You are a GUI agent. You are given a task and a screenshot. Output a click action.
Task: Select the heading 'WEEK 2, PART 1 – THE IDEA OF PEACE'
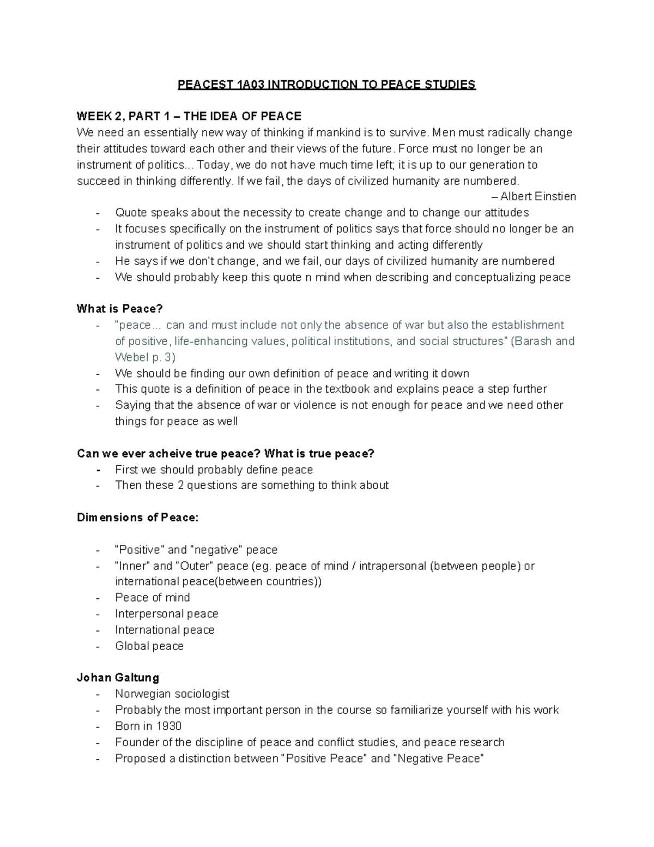(x=189, y=116)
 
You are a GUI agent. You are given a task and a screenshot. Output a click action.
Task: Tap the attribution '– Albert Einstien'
(x=534, y=196)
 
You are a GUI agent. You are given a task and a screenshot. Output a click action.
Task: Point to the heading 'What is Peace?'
(x=119, y=309)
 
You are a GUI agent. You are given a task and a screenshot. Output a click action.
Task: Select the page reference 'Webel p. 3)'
(x=145, y=357)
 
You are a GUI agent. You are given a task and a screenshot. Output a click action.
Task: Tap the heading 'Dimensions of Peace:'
(x=138, y=518)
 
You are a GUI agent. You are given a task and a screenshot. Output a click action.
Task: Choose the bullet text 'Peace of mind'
(x=153, y=598)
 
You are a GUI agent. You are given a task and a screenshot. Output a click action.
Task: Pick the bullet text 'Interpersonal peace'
(x=166, y=614)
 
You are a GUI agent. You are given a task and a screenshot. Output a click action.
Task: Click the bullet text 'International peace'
(x=165, y=630)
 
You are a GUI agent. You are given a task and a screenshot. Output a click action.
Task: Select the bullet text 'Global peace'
(x=149, y=646)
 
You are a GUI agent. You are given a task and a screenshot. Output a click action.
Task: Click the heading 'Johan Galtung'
(x=118, y=678)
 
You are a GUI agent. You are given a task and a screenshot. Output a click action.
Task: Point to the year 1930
(x=169, y=726)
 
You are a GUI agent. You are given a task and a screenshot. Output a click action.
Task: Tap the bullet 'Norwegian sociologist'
(x=172, y=694)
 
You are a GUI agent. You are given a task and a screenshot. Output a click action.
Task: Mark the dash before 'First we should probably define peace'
(x=98, y=470)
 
